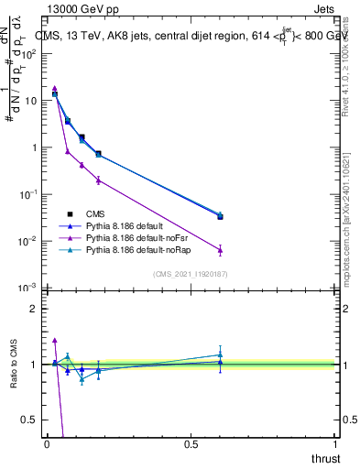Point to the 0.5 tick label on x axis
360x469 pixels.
191,443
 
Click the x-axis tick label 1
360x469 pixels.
335,443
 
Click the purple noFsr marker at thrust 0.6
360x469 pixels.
220,250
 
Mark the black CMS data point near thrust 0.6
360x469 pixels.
220,217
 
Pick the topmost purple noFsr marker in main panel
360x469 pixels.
55,88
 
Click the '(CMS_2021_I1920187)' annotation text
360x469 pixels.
190,274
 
